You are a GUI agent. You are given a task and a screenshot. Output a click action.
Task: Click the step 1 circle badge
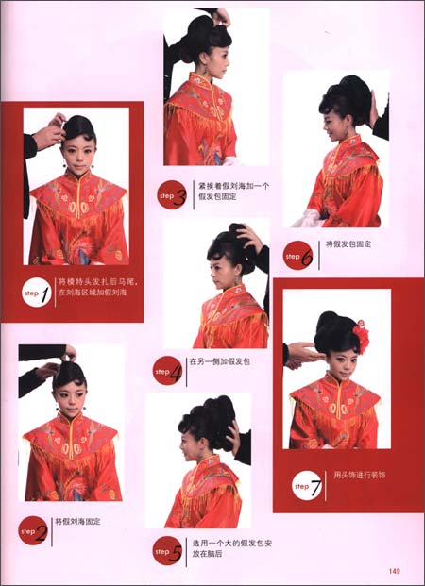click(x=35, y=295)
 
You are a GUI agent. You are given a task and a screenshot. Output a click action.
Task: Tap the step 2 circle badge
click(x=34, y=532)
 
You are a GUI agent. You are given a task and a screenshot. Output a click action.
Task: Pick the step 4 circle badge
click(x=169, y=371)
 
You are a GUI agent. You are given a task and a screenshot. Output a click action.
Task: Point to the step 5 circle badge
click(x=168, y=550)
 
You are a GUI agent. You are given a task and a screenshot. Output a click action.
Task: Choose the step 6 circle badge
click(x=298, y=255)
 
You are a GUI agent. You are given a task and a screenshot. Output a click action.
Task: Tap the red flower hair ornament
click(x=360, y=337)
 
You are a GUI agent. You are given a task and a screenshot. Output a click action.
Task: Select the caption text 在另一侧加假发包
click(x=220, y=361)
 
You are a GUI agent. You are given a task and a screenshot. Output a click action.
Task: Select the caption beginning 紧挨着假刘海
click(x=230, y=193)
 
